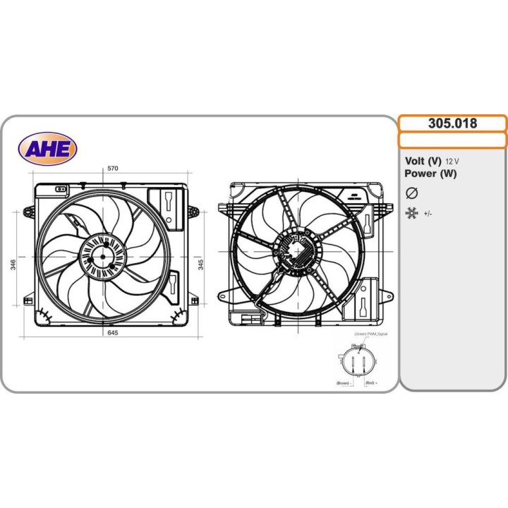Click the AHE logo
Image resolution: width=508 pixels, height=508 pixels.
pyautogui.click(x=47, y=148)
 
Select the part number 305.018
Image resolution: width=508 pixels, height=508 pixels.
pyautogui.click(x=452, y=123)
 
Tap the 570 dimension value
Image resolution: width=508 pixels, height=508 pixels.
pyautogui.click(x=112, y=169)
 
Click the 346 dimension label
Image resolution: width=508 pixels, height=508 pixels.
pyautogui.click(x=13, y=265)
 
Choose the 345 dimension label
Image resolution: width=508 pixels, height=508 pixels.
pyautogui.click(x=201, y=265)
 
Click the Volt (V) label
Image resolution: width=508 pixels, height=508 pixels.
pyautogui.click(x=423, y=160)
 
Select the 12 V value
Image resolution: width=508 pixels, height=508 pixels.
pyautogui.click(x=452, y=161)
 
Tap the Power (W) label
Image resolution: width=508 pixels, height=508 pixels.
pyautogui.click(x=430, y=174)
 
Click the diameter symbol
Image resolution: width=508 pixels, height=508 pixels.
pyautogui.click(x=413, y=193)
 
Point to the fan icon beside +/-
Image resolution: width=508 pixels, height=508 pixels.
pyautogui.click(x=412, y=212)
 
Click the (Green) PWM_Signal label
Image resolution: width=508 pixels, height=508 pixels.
pyautogui.click(x=371, y=333)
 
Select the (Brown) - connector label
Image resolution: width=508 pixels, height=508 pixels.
pyautogui.click(x=344, y=382)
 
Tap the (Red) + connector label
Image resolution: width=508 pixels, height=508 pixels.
pyautogui.click(x=371, y=382)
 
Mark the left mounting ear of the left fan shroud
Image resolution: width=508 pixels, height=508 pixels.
pyautogui.click(x=28, y=211)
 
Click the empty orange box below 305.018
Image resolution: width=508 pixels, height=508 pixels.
pyautogui.click(x=452, y=140)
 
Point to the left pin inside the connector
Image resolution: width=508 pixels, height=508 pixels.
pyautogui.click(x=352, y=365)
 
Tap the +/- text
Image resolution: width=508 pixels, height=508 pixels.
pyautogui.click(x=428, y=213)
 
